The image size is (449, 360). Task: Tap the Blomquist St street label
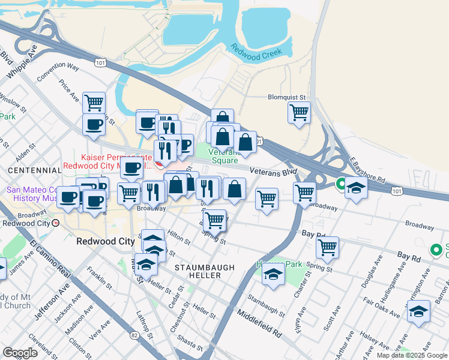[287, 97]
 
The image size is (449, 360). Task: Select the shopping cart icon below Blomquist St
[299, 112]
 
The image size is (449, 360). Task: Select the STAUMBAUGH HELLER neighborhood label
[197, 271]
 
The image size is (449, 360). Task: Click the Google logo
[19, 352]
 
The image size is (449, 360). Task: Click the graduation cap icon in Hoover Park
[274, 275]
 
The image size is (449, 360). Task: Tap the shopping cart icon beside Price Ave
[94, 103]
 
